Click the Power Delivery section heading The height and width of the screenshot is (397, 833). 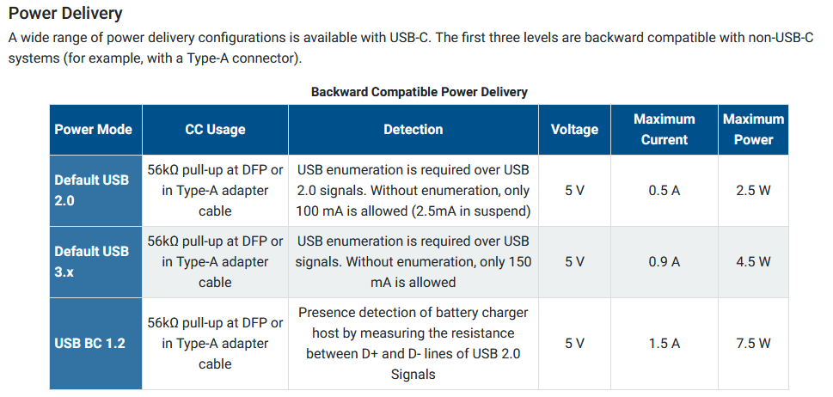point(65,13)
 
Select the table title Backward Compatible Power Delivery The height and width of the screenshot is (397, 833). point(420,92)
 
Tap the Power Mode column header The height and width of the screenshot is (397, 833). point(94,130)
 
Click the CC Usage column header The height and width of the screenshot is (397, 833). point(215,130)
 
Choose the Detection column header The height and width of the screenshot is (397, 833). point(413,130)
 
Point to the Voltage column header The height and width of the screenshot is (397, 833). point(574,130)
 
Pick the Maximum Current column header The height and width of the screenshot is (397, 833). point(664,130)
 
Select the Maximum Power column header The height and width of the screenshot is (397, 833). point(753,130)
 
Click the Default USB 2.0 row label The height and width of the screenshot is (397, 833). point(92,191)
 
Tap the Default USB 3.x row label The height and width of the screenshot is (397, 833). point(92,261)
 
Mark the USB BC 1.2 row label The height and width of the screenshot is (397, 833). point(89,344)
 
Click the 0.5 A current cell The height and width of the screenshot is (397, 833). point(664,191)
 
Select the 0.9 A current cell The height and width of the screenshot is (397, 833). point(664,261)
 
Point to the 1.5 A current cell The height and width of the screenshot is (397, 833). point(664,344)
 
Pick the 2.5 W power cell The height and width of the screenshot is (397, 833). point(753,191)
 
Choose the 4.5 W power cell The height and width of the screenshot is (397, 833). point(753,261)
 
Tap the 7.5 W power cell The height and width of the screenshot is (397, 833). point(753,344)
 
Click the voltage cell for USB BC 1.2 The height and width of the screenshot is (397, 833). point(574,344)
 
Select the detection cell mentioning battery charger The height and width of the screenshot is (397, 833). point(413,344)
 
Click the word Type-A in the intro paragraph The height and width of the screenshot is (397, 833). point(208,58)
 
